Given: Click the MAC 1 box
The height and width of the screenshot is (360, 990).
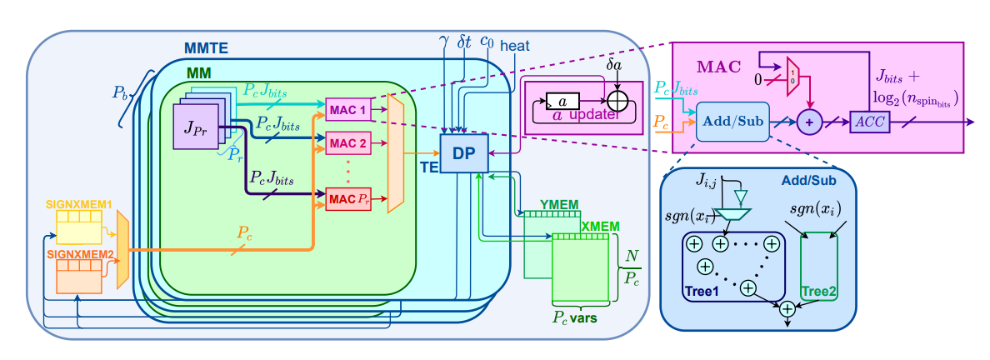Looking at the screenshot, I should point(348,109).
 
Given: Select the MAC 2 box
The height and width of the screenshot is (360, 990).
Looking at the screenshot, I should point(348,142).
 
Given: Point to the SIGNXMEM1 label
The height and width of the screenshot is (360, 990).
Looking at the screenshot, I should point(79,204).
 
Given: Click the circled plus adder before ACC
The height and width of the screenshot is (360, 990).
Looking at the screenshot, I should point(807,121).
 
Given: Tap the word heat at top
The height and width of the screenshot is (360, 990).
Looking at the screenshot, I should point(514,45).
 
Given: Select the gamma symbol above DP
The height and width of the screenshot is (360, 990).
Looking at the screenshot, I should point(443,40).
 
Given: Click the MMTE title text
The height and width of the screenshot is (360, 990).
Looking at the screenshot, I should point(206,48).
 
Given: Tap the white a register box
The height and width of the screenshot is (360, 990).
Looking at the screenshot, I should point(563,101).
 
